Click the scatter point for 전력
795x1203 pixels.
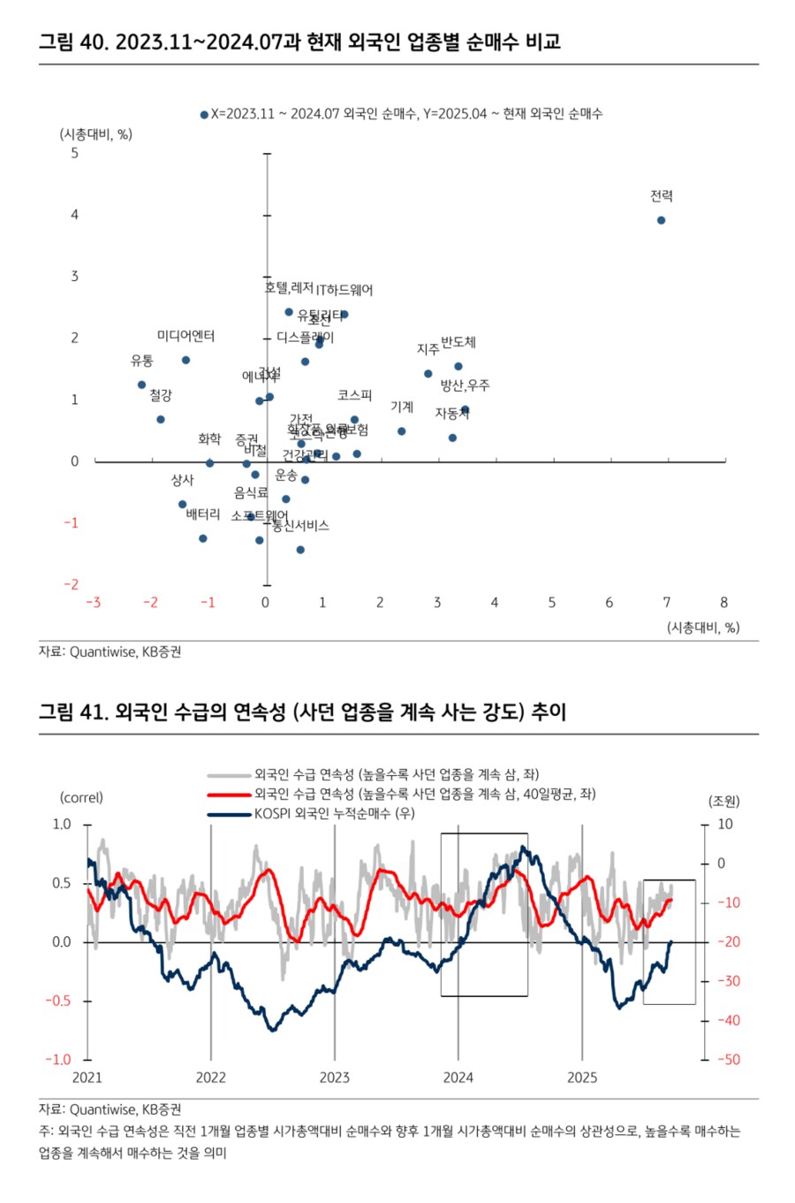pyautogui.click(x=661, y=220)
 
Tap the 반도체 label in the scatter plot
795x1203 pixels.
pyautogui.click(x=458, y=342)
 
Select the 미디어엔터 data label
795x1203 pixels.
pyautogui.click(x=185, y=336)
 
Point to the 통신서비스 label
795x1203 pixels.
pyautogui.click(x=300, y=526)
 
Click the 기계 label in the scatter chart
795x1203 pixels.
pyautogui.click(x=402, y=407)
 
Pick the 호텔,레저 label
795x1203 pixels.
pyautogui.click(x=289, y=288)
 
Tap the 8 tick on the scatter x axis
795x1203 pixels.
pyautogui.click(x=723, y=603)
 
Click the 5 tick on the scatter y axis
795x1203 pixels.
pyautogui.click(x=74, y=153)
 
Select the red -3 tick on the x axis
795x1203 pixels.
pyautogui.click(x=93, y=603)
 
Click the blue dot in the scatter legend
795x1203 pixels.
pyautogui.click(x=204, y=115)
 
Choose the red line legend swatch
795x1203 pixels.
pyautogui.click(x=229, y=795)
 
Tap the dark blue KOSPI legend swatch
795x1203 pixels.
pyautogui.click(x=229, y=814)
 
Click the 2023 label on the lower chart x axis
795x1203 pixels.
pyautogui.click(x=334, y=1077)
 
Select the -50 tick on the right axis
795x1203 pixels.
pyautogui.click(x=728, y=1060)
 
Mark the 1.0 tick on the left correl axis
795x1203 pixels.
pyautogui.click(x=62, y=824)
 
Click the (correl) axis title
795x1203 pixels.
pyautogui.click(x=81, y=797)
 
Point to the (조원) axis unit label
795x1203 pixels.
pyautogui.click(x=724, y=802)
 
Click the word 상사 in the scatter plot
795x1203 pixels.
pyautogui.click(x=182, y=480)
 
